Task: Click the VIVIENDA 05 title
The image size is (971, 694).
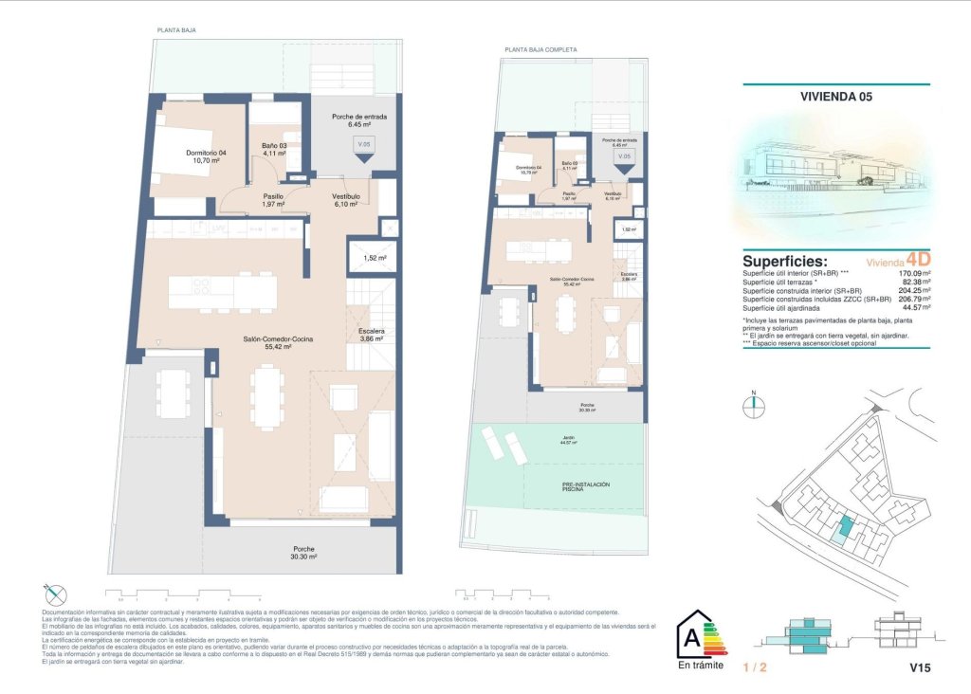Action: (835, 96)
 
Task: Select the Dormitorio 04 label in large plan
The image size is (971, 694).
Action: (206, 156)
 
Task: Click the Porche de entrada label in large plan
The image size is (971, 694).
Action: (358, 120)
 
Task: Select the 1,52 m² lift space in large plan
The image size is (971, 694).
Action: (374, 257)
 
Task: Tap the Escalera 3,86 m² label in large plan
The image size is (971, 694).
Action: (371, 335)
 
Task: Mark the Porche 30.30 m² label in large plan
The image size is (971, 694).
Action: (303, 553)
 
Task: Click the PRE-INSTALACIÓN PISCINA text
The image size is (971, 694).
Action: (586, 487)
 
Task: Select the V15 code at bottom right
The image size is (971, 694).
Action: (920, 668)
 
